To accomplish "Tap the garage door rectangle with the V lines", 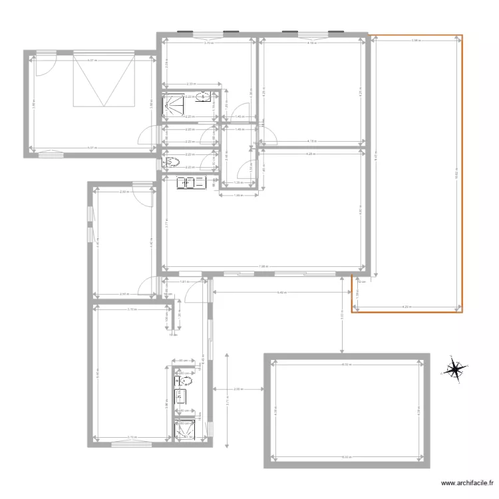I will pyautogui.click(x=104, y=81).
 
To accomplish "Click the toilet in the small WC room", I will pyautogui.click(x=172, y=162).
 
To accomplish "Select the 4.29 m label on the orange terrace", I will pyautogui.click(x=406, y=306).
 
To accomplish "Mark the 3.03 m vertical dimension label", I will pyautogui.click(x=341, y=318).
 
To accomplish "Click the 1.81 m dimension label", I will pyautogui.click(x=182, y=282).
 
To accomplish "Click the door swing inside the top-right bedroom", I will pyautogui.click(x=267, y=133).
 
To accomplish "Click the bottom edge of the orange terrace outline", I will pyautogui.click(x=406, y=312).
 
